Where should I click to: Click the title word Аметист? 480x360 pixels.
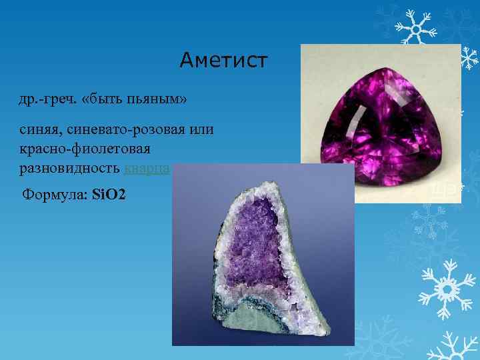tap(223, 61)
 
